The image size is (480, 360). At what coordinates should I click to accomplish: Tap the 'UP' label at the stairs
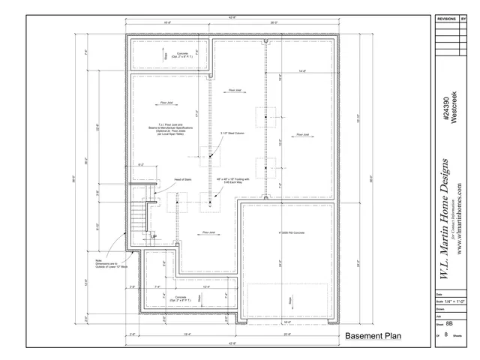[153, 237]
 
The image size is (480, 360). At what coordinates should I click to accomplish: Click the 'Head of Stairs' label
[184, 180]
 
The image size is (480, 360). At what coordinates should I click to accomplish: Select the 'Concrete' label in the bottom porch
[181, 298]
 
